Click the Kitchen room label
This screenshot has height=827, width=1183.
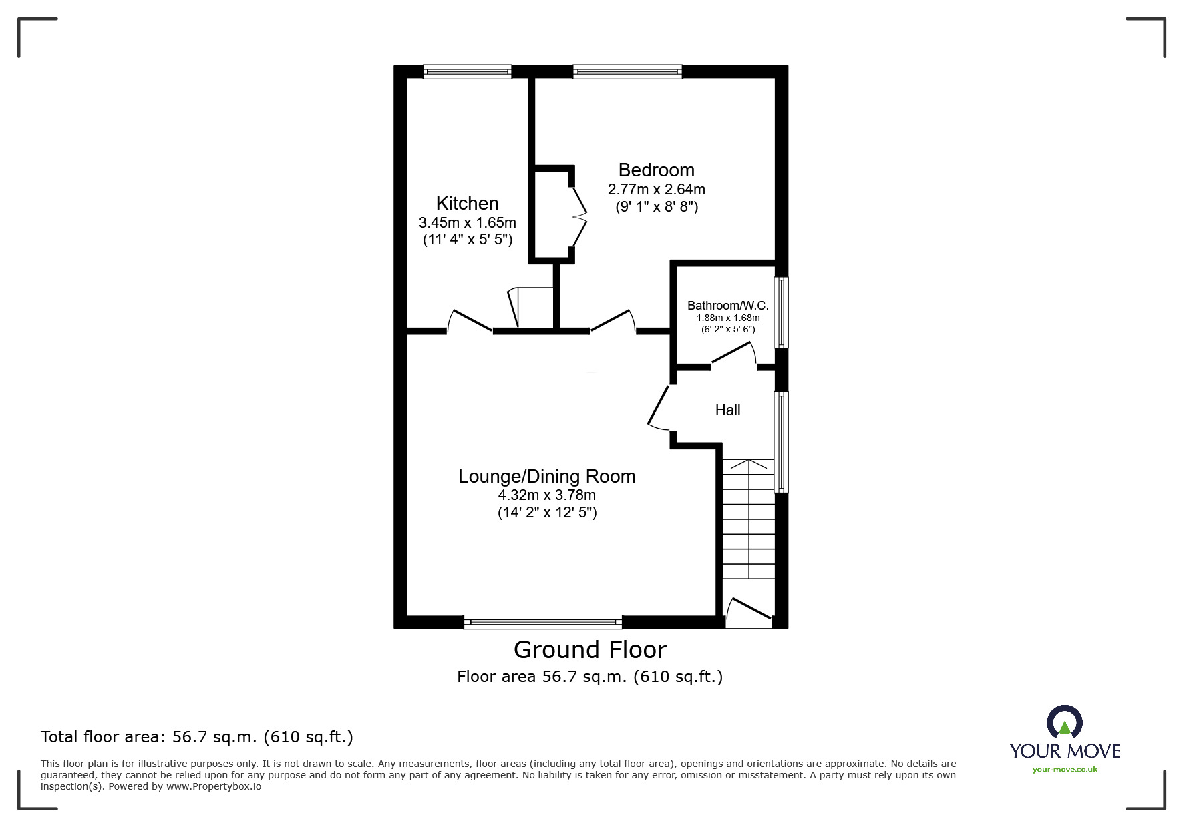tap(467, 203)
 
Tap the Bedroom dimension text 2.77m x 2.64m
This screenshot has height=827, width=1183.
tap(656, 190)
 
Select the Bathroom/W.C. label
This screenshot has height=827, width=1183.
tap(727, 306)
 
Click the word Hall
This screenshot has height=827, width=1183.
tap(727, 410)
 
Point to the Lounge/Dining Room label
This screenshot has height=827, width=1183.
tap(546, 476)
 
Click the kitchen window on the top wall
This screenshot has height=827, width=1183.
tap(467, 71)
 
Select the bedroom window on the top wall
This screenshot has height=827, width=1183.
tap(627, 71)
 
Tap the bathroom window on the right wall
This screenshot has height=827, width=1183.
tap(781, 312)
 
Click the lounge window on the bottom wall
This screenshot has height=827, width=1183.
tap(542, 622)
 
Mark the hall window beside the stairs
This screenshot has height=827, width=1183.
tap(781, 442)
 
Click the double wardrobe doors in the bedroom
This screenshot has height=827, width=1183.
tap(578, 216)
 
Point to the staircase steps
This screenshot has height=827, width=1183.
tap(748, 527)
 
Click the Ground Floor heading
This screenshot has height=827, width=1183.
tap(590, 649)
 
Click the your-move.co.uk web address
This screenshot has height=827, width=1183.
tap(1065, 770)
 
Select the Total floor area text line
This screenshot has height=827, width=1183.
tap(197, 737)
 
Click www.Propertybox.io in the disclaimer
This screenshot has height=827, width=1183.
tap(213, 786)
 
